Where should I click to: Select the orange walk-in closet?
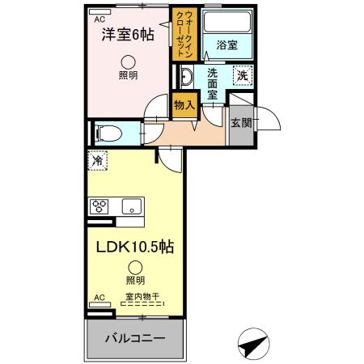[x=182, y=33]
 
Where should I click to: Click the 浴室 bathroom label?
[x=226, y=45]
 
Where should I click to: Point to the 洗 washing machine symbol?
[x=242, y=76]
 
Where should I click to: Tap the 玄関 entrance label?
[x=240, y=123]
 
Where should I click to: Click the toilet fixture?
[x=106, y=132]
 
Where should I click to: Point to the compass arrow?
[x=252, y=343]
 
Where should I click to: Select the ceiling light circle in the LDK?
[x=135, y=267]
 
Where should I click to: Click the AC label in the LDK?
[x=99, y=297]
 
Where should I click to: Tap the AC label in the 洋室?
[x=99, y=18]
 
